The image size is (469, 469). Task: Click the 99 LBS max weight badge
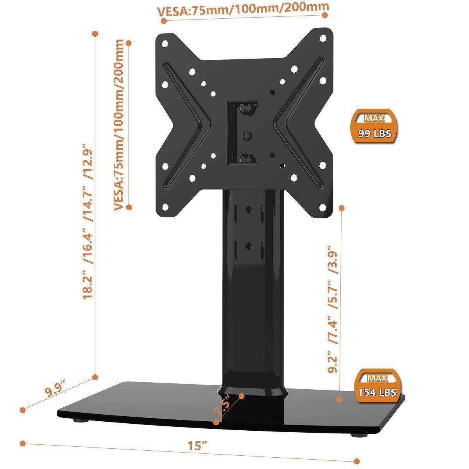pos(374,127)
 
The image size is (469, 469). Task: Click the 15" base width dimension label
pos(196,445)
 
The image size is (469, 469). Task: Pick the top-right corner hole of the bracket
pos(323,38)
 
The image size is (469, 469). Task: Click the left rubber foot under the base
pos(81,421)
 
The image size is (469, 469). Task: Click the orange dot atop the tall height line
pos(94,34)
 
